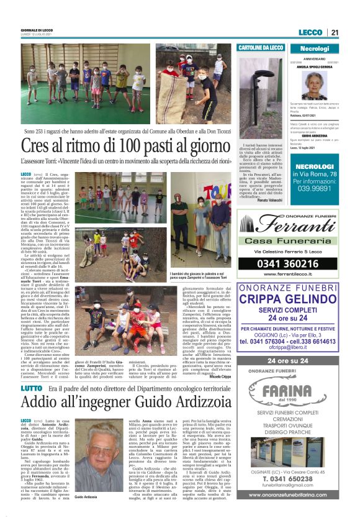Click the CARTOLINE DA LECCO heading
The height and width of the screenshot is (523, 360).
[261, 48]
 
